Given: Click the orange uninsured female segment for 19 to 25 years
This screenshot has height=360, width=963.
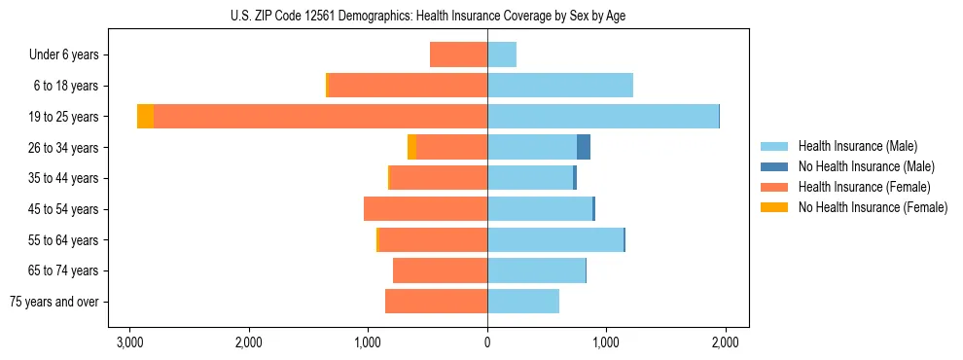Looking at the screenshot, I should tap(145, 117).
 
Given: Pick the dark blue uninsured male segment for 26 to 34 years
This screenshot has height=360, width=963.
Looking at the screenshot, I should tap(584, 147).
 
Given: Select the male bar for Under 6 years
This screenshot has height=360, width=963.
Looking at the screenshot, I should tap(502, 54).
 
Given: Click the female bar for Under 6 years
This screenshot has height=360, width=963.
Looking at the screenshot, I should tap(458, 54).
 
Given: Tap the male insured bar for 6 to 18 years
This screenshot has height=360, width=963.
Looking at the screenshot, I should tap(560, 86).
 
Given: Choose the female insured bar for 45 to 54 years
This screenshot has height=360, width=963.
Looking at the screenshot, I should tap(425, 209).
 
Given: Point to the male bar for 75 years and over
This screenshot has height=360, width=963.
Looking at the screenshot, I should tap(523, 302).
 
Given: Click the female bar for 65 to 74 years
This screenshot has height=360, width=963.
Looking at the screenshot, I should tap(440, 270).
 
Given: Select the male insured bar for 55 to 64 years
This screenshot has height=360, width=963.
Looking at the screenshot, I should tap(555, 239).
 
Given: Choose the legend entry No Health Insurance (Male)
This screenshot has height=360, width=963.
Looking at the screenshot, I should tap(866, 166).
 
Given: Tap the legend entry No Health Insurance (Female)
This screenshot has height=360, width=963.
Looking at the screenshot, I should tap(873, 207).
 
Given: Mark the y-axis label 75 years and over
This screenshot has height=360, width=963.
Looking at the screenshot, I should tap(54, 302).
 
